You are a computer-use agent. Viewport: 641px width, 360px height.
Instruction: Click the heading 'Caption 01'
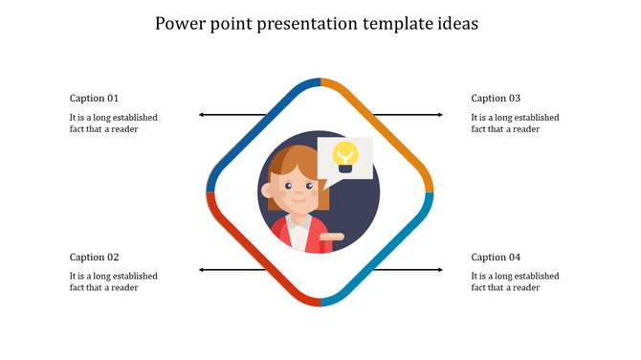click(95, 98)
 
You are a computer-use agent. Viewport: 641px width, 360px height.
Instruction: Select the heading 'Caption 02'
click(95, 257)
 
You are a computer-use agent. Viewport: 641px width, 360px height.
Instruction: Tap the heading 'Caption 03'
click(496, 98)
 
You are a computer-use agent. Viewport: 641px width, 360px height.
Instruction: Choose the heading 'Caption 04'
click(496, 257)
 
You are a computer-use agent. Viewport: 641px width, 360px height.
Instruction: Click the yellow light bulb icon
click(344, 155)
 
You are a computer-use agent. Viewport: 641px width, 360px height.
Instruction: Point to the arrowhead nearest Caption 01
click(202, 115)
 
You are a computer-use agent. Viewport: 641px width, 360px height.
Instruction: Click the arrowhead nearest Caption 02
click(202, 270)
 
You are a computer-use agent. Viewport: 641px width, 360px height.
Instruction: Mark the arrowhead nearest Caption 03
click(440, 115)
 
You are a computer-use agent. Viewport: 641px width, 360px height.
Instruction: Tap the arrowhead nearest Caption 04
click(440, 270)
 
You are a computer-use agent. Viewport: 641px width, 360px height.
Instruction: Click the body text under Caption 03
click(515, 124)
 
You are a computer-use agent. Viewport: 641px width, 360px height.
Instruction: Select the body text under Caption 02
click(113, 281)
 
